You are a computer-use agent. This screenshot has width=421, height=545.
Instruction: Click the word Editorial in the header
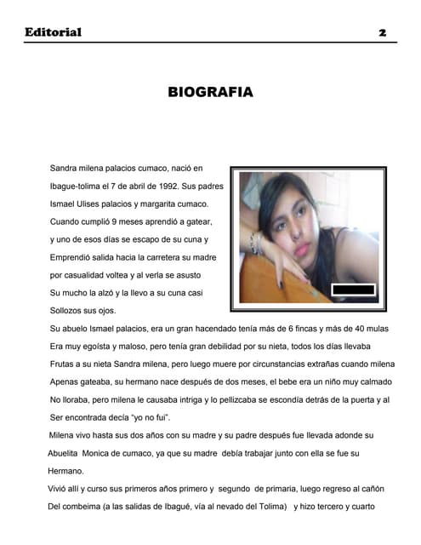point(53,32)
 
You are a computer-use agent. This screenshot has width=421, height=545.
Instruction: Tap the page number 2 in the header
point(383,32)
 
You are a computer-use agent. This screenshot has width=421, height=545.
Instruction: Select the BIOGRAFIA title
point(210,92)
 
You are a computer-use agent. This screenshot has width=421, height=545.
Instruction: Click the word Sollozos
point(67,311)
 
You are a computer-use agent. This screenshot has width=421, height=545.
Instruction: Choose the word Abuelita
point(66,453)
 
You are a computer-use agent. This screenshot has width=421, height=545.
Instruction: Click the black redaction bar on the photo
point(352,290)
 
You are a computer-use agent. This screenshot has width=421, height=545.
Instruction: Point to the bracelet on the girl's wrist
point(253,243)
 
